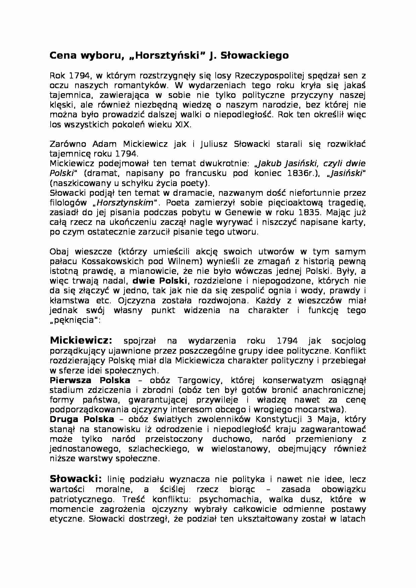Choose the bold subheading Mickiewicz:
[81, 341]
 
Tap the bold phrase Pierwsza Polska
[90, 380]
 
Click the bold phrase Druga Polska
[82, 419]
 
